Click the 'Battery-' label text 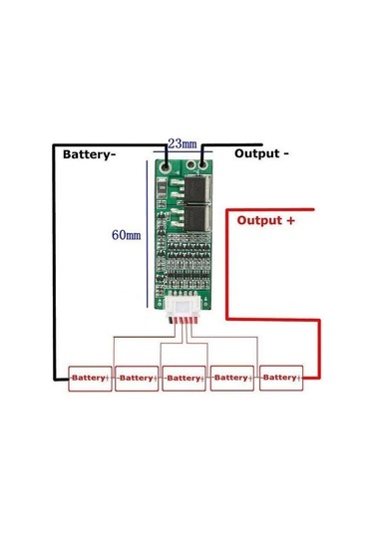coord(94,155)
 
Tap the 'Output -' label coord(261,154)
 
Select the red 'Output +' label coord(265,221)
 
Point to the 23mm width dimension coord(182,143)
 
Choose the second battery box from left coord(138,378)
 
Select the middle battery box coord(186,378)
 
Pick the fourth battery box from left coord(232,378)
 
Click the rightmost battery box coord(280,378)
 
